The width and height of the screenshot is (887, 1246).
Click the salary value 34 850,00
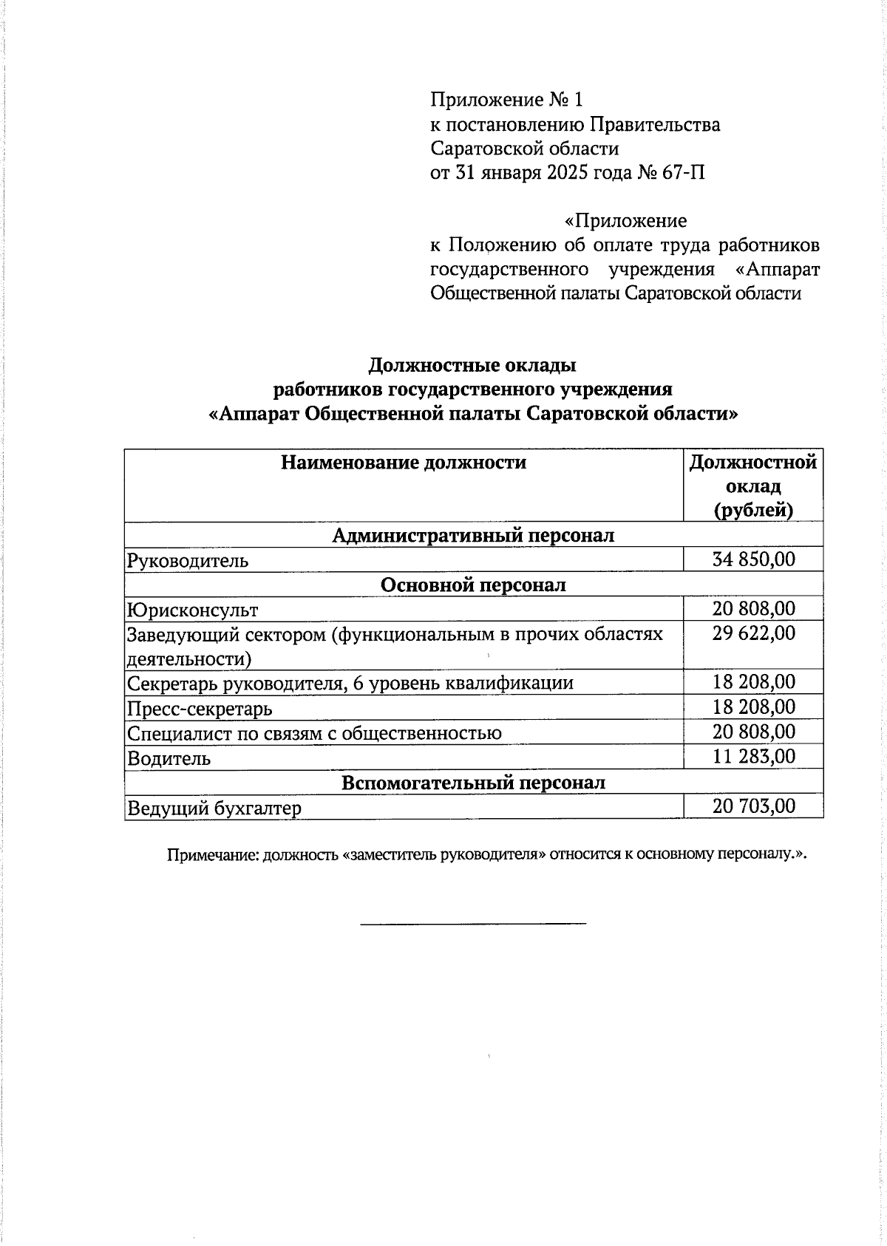click(753, 559)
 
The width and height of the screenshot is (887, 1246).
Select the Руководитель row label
click(187, 561)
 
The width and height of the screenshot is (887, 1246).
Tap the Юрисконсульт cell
click(192, 610)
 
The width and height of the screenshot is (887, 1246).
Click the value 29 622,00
click(753, 633)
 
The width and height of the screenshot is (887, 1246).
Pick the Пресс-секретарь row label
click(200, 709)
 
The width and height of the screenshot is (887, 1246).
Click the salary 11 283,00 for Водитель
click(753, 756)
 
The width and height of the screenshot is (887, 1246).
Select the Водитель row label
click(169, 759)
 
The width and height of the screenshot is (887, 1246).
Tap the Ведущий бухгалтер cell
click(214, 808)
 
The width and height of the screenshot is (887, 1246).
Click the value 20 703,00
click(753, 806)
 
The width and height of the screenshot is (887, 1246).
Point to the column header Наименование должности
click(404, 463)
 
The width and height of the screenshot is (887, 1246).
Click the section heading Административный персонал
click(473, 535)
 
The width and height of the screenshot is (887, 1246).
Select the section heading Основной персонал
click(473, 585)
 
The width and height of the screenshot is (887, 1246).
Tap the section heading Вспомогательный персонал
click(473, 783)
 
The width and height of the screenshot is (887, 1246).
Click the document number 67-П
click(684, 173)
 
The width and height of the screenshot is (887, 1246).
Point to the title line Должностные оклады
click(472, 365)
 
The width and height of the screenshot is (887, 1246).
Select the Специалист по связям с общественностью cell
click(314, 733)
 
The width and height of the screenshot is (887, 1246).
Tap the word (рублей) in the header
click(753, 511)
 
